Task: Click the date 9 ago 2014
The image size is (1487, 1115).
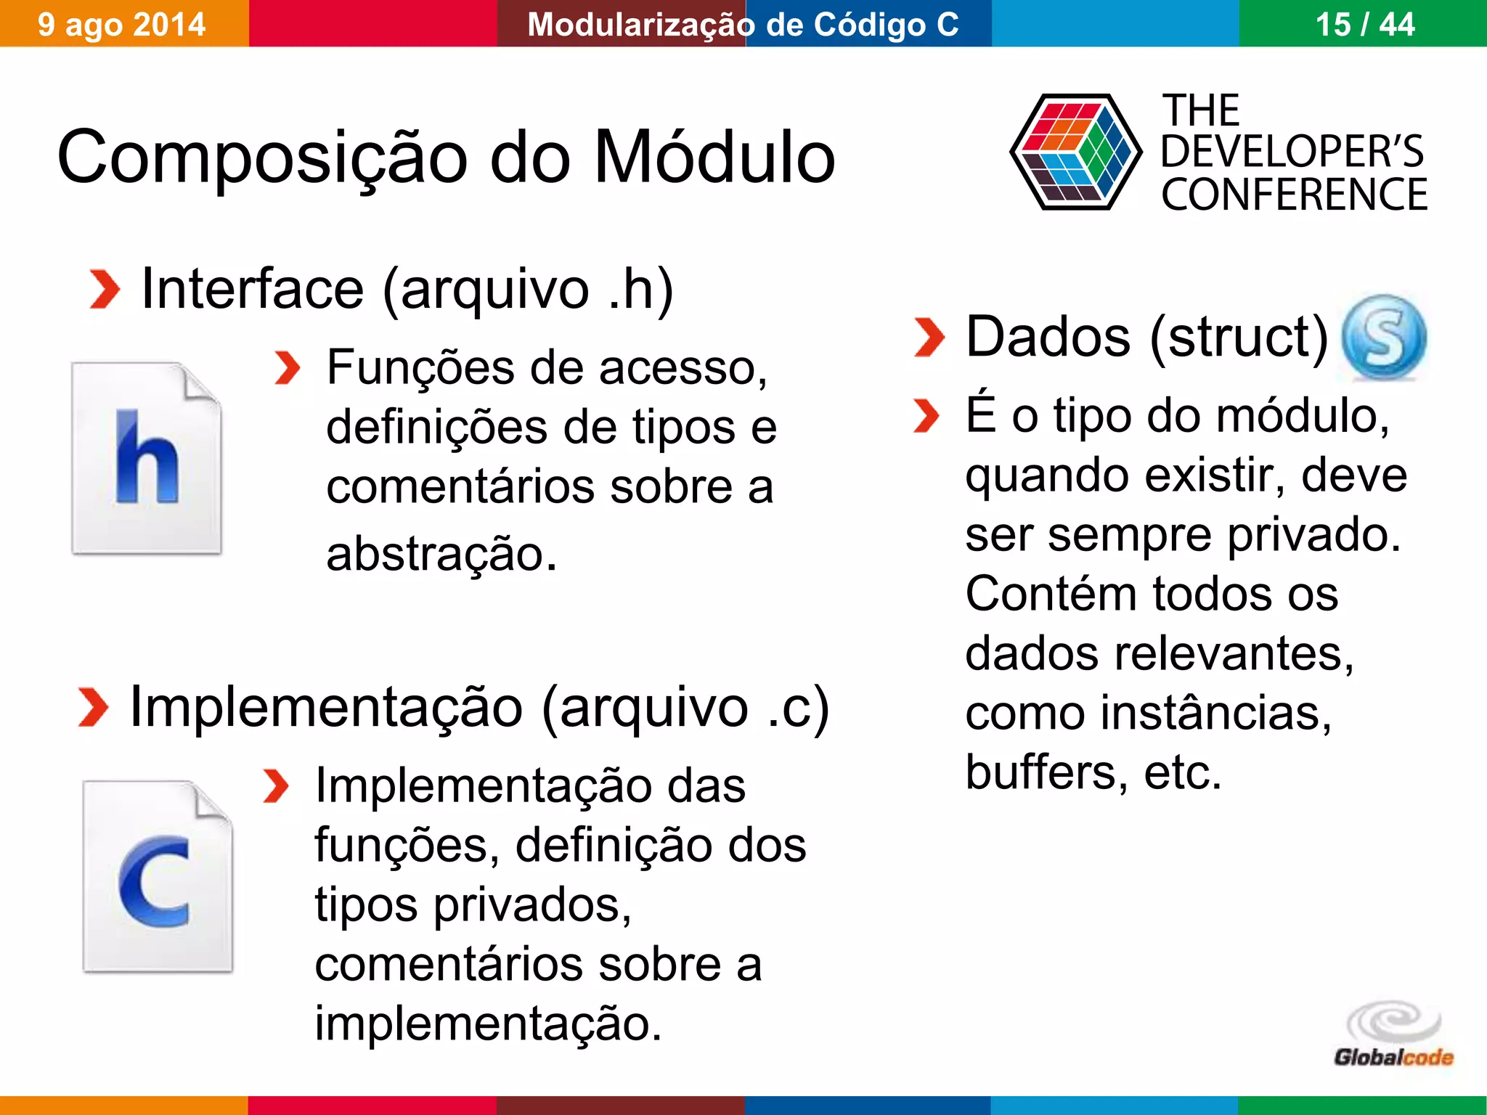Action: (121, 25)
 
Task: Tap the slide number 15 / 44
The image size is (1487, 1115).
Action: (1364, 25)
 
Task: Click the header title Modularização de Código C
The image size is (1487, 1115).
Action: (743, 25)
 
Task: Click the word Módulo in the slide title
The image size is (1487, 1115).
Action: (714, 157)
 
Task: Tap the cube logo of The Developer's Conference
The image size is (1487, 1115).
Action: (1075, 152)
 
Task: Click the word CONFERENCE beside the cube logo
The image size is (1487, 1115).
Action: (1294, 195)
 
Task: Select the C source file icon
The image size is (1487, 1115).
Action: (158, 876)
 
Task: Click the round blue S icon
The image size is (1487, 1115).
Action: (1384, 337)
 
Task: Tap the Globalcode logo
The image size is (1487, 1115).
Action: (1393, 1035)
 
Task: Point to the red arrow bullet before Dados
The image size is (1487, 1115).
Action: (929, 338)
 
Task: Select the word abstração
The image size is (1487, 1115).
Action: (441, 554)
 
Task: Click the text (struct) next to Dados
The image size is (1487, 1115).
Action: (1239, 337)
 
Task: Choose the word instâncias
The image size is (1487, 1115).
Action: (1215, 713)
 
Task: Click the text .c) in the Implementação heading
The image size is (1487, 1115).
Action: (798, 707)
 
